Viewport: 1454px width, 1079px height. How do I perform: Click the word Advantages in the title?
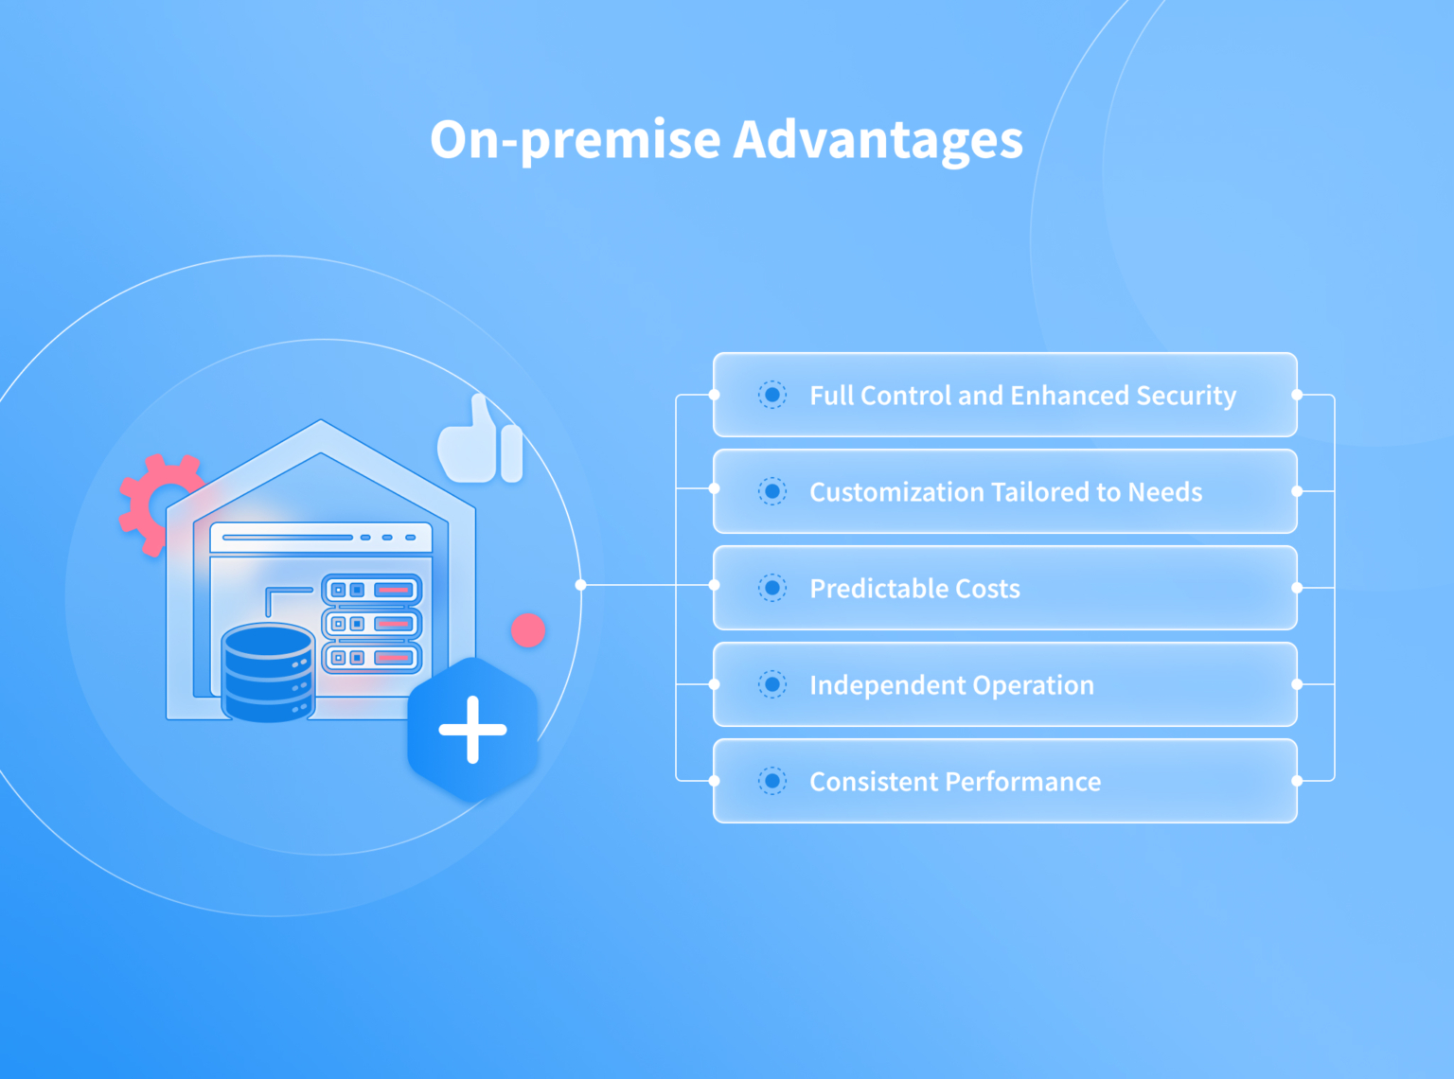point(878,139)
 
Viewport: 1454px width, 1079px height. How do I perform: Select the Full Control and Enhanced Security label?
point(1022,396)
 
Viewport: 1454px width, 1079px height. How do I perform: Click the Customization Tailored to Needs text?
point(1005,492)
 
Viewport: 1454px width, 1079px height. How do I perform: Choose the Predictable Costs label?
point(914,589)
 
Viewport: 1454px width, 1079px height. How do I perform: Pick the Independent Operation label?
point(951,685)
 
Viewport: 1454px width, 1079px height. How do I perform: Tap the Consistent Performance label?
point(955,782)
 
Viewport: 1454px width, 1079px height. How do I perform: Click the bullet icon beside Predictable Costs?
point(772,588)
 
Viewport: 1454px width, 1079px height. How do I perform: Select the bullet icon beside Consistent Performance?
point(772,781)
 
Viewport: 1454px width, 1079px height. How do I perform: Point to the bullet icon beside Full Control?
point(772,395)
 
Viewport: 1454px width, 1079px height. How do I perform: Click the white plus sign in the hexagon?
point(473,730)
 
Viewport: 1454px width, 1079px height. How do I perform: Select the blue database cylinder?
point(268,672)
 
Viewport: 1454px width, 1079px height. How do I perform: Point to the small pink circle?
point(528,630)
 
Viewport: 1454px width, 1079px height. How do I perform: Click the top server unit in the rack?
point(372,591)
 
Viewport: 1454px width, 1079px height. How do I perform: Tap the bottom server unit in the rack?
point(372,658)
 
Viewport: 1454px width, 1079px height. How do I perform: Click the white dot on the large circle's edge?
point(580,585)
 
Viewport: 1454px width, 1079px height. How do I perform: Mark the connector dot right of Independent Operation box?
point(1297,684)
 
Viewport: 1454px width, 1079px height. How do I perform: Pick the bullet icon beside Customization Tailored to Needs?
point(772,491)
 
